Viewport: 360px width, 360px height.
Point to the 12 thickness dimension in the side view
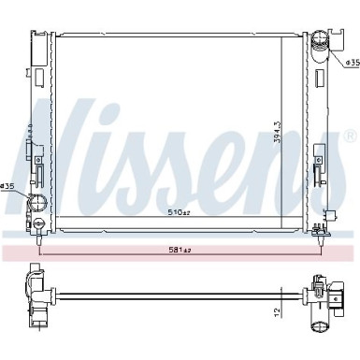click(x=277, y=311)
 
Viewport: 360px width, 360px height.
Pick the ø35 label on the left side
click(x=8, y=187)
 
